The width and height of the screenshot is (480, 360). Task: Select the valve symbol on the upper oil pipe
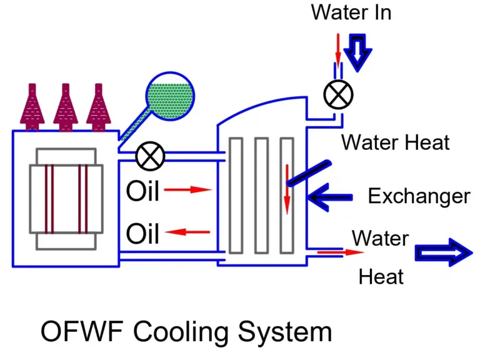[150, 156]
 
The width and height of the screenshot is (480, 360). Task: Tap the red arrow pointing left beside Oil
[189, 232]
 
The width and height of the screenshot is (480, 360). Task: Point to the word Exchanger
[418, 196]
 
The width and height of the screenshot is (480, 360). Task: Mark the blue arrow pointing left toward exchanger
[331, 197]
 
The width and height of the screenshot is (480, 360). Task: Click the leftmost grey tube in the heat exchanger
[236, 195]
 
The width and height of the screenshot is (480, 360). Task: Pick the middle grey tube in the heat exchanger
[261, 195]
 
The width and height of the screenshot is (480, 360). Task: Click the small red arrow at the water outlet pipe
[341, 252]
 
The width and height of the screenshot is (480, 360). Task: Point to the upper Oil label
[142, 191]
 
